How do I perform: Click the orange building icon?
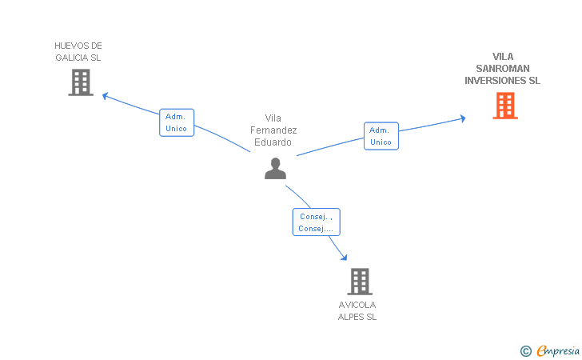[505, 106]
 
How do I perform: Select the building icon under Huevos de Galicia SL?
[81, 82]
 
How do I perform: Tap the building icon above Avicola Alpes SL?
[360, 282]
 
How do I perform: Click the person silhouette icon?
[275, 169]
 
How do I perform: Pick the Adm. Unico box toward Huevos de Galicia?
[177, 122]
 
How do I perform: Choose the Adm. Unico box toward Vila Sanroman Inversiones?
[381, 136]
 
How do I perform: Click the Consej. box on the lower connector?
[317, 222]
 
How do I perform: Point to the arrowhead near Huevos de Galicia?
[105, 96]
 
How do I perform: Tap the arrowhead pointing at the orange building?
[462, 118]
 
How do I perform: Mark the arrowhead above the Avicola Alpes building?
[344, 257]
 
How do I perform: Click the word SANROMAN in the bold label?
[503, 69]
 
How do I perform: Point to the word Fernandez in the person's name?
[273, 130]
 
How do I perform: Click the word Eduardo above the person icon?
[273, 142]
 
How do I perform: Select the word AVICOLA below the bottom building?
[357, 305]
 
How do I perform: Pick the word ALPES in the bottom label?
[351, 317]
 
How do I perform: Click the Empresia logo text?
[558, 350]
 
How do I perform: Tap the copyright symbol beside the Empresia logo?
[526, 351]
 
